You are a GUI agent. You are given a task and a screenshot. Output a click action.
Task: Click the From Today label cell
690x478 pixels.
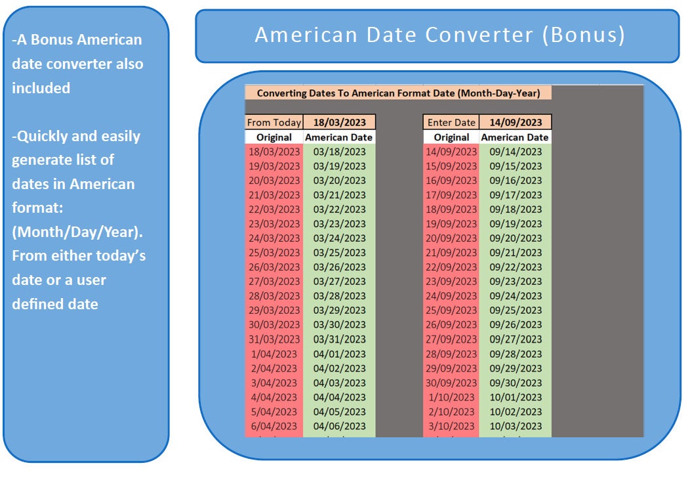point(274,122)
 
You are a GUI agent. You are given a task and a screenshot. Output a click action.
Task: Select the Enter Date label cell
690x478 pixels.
point(451,122)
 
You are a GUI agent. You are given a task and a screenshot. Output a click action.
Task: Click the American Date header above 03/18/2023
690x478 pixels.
point(339,137)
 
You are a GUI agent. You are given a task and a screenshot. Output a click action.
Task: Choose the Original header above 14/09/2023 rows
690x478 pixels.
point(451,137)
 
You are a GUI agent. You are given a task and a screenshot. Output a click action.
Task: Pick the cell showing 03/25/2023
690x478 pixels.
point(339,253)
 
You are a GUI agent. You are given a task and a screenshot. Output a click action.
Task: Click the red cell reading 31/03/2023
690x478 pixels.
point(274,339)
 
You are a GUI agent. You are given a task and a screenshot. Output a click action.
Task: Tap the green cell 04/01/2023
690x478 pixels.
point(339,354)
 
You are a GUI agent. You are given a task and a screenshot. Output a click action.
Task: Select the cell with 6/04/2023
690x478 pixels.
point(274,426)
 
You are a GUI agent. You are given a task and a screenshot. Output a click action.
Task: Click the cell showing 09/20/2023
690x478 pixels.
point(516,238)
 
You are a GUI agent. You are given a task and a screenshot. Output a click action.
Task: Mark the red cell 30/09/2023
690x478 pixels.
point(451,383)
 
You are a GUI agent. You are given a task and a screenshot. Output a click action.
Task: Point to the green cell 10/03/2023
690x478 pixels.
point(516,426)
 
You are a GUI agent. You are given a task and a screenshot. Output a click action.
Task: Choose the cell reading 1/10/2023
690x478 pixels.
point(451,397)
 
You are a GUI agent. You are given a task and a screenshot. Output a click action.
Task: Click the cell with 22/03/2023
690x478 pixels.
point(274,209)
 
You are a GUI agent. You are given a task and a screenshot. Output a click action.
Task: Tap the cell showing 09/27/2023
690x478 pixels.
point(516,339)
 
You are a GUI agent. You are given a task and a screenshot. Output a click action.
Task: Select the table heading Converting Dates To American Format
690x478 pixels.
point(398,93)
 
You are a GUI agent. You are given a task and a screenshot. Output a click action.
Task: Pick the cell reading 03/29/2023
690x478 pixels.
point(339,311)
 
